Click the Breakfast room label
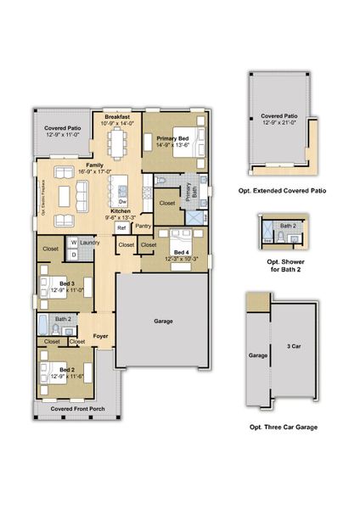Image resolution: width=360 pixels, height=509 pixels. [118, 117]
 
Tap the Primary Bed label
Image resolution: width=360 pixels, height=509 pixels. [172, 137]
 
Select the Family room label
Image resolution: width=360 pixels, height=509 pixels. [94, 165]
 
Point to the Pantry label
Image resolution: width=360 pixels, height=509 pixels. [143, 226]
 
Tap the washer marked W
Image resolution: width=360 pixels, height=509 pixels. [74, 242]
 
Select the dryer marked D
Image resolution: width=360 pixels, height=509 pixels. [74, 254]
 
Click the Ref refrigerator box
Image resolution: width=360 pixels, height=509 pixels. [121, 227]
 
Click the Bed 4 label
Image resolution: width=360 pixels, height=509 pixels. [181, 252]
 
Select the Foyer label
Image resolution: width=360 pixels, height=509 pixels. [100, 336]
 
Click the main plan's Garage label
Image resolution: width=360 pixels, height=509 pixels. [164, 322]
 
